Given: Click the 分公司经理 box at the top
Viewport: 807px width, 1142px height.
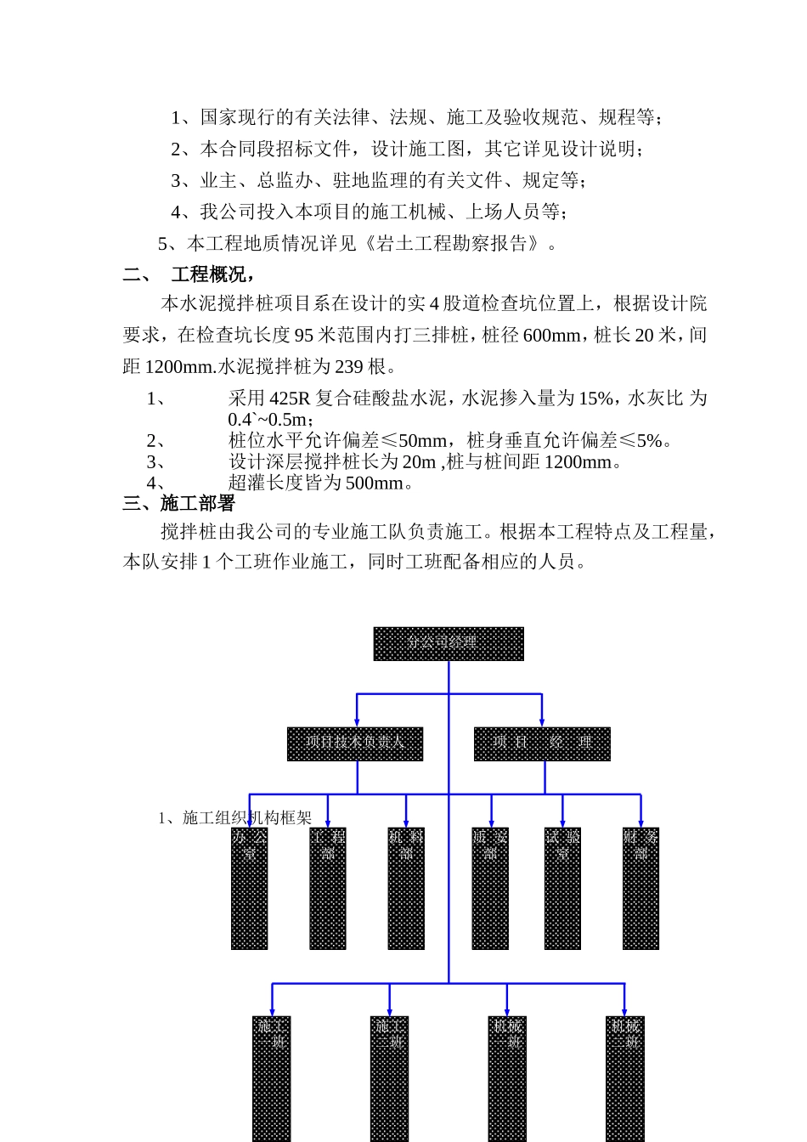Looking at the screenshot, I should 449,643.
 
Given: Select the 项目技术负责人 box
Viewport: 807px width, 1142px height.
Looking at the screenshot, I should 355,743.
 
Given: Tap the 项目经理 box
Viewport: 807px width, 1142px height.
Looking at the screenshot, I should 542,743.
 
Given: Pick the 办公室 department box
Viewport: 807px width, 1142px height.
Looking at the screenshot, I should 249,888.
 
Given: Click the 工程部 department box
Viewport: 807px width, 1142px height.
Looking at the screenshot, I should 328,888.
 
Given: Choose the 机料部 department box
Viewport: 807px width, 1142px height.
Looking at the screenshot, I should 406,888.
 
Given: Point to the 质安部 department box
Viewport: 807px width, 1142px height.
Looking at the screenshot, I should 490,888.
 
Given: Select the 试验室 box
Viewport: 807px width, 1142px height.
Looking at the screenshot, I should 562,888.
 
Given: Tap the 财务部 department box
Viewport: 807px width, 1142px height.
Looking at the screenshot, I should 641,888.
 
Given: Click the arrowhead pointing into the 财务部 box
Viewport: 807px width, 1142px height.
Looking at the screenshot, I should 641,823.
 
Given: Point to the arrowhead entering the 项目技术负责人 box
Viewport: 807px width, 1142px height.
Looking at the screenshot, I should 357,721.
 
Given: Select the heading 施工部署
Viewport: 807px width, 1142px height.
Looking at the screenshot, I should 197,503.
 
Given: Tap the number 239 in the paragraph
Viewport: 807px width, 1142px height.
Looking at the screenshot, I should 348,367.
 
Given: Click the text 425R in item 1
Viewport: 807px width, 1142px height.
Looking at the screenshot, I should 290,399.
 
